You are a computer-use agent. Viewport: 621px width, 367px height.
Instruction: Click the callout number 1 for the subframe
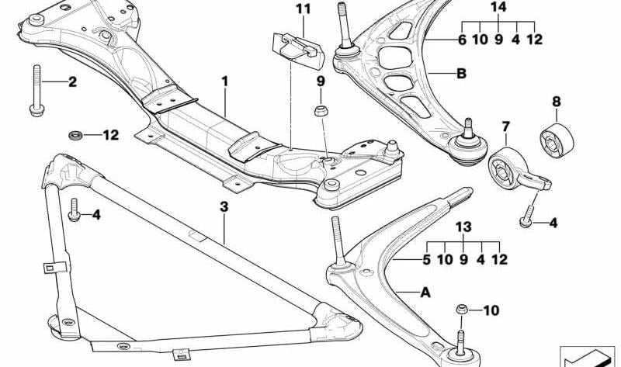point(225,82)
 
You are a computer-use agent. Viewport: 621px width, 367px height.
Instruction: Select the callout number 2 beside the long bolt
point(72,82)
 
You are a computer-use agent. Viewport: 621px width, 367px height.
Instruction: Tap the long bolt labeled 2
point(36,91)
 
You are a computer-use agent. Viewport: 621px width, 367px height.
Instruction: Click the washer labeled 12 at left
point(75,136)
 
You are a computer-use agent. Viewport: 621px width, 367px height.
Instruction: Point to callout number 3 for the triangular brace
point(224,206)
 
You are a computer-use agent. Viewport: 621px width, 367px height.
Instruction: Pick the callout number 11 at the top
point(304,9)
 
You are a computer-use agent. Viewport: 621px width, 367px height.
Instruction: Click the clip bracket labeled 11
point(299,50)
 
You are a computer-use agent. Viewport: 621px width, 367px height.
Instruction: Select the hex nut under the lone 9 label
point(320,111)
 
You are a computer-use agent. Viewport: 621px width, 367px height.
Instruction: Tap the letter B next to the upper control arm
point(461,74)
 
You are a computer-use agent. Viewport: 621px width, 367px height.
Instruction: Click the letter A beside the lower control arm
point(425,293)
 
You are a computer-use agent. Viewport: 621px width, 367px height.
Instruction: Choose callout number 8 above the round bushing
point(557,102)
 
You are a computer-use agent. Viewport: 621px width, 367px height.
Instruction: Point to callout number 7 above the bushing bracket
point(506,126)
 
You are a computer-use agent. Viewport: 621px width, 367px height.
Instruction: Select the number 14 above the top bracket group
point(498,7)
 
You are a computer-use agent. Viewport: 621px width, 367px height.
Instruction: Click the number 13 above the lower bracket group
point(463,227)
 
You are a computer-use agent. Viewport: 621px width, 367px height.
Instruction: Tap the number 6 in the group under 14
point(462,40)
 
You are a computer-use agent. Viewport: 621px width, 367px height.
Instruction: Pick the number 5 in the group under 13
point(426,260)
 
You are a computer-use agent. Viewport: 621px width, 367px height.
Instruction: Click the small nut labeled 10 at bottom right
point(460,310)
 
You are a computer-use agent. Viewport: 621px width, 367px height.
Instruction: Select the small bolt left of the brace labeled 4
point(75,209)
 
